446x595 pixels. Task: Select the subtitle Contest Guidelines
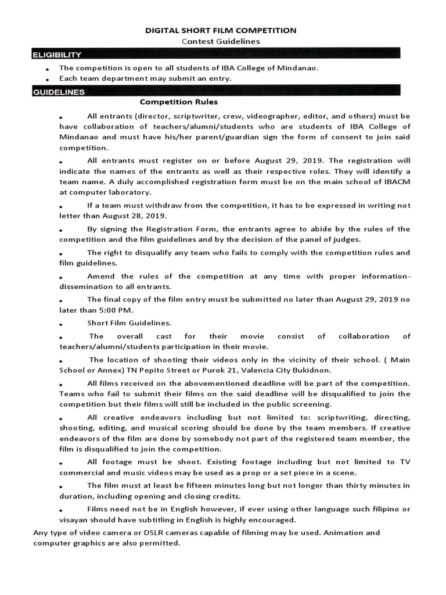coord(221,41)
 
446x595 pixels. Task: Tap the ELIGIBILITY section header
coord(57,55)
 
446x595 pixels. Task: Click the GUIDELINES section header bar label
coord(59,91)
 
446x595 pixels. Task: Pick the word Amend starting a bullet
coord(99,276)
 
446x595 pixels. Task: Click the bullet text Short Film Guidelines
coord(129,322)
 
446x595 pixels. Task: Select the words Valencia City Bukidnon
coord(293,370)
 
